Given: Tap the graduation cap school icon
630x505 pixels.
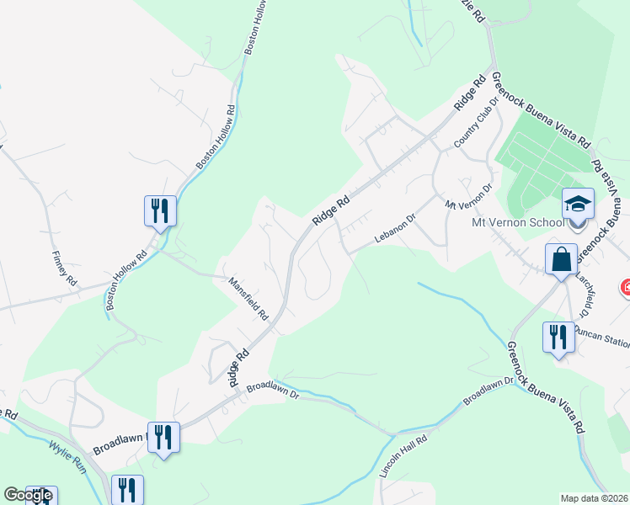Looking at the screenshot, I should (x=578, y=205).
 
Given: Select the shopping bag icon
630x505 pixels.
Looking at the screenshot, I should (x=561, y=260).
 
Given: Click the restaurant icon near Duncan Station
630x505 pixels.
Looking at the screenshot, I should (x=558, y=338).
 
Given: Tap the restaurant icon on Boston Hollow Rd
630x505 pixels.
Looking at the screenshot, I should (x=160, y=210).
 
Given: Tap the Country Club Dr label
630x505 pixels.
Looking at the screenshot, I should (x=471, y=130).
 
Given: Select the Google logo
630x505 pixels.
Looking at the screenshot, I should (x=28, y=495).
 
